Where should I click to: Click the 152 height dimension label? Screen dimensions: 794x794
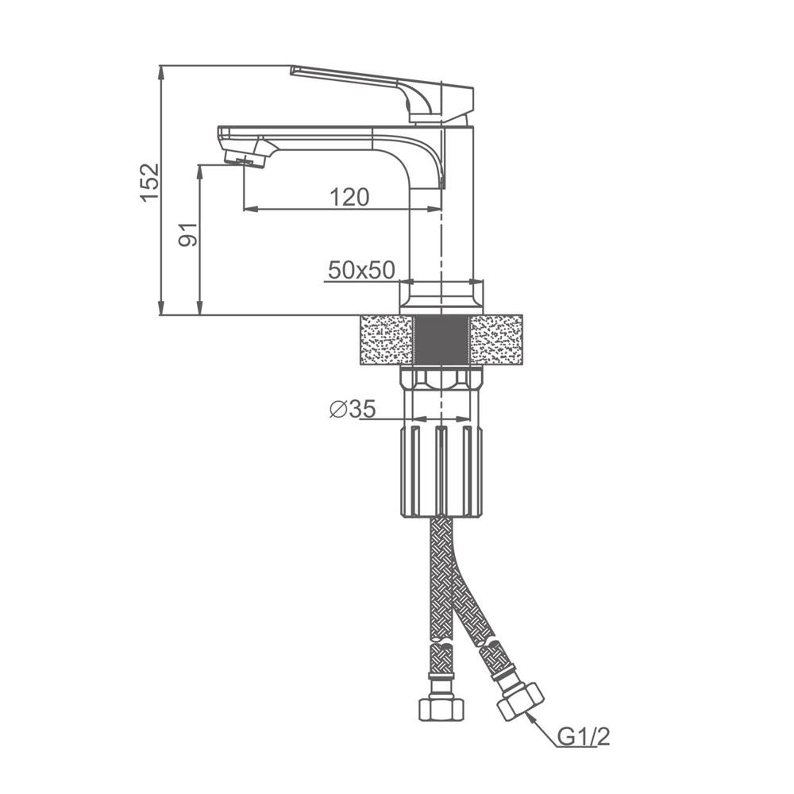(x=150, y=182)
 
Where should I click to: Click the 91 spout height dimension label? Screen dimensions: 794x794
(x=188, y=234)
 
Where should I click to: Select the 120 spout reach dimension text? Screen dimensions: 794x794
(x=349, y=197)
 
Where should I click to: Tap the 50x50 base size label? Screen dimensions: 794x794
(x=361, y=270)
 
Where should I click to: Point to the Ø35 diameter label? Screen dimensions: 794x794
(x=353, y=409)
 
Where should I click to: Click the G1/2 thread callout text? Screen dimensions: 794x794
(x=584, y=738)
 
